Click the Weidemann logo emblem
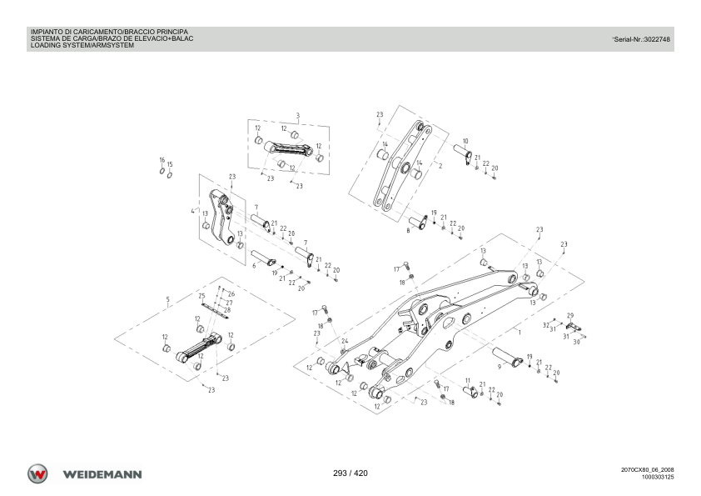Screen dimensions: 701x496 tap(37, 473)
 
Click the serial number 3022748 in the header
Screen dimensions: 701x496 tap(656, 39)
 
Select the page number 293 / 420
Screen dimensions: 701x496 tap(350, 473)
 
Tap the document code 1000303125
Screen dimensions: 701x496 tap(658, 477)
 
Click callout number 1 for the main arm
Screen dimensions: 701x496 tap(520, 333)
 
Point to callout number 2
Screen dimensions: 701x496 tap(440, 166)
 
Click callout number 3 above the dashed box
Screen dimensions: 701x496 tap(298, 116)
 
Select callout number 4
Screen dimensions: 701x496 tap(192, 211)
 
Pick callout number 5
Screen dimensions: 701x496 tap(167, 299)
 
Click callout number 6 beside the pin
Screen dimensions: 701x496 tap(254, 266)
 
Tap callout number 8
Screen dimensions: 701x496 tap(408, 231)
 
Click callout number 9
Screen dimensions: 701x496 tap(500, 367)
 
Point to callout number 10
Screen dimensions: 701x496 tap(465, 142)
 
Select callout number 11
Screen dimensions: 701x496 tap(468, 382)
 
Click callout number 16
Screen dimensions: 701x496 tap(162, 160)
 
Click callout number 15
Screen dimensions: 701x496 tap(170, 165)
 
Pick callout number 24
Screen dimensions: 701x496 tap(345, 341)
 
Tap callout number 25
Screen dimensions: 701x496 tap(201, 296)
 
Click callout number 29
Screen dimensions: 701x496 tap(570, 316)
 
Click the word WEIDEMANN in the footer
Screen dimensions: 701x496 tap(102, 474)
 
